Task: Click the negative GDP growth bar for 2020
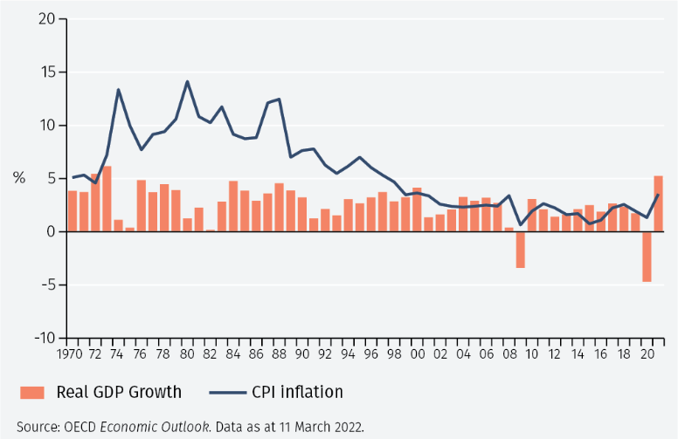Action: click(647, 257)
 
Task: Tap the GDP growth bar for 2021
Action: click(658, 203)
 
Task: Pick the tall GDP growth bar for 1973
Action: click(107, 199)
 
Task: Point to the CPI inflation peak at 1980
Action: click(187, 82)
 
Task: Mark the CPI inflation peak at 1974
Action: click(118, 90)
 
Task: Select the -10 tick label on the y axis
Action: click(43, 338)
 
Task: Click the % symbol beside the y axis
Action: click(19, 178)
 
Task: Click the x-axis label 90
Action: click(302, 354)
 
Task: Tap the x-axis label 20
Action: click(647, 354)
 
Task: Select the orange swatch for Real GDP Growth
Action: click(31, 392)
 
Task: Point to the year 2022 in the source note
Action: click(346, 427)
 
